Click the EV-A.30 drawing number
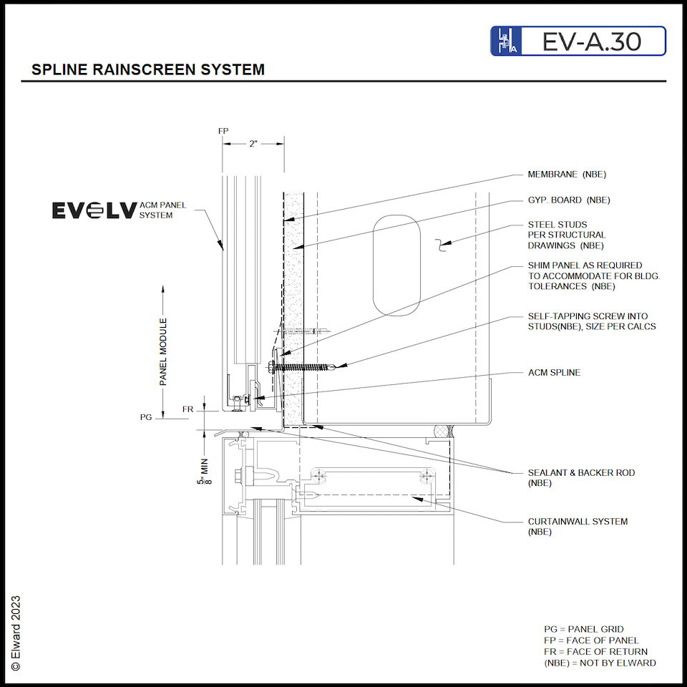(x=591, y=42)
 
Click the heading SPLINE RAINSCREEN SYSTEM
(x=148, y=70)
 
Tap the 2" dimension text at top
(x=253, y=144)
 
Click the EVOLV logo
(x=94, y=210)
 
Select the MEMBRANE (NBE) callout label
(x=567, y=175)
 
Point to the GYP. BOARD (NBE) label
(x=569, y=200)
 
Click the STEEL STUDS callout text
(x=566, y=235)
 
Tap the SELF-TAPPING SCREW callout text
(x=592, y=321)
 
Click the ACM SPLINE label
(x=554, y=373)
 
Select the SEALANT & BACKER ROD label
(x=581, y=477)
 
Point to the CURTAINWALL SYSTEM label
(x=578, y=526)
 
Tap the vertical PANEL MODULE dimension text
(x=163, y=352)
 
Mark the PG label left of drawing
(x=147, y=416)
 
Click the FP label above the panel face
(x=223, y=131)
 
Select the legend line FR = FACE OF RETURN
(x=595, y=651)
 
